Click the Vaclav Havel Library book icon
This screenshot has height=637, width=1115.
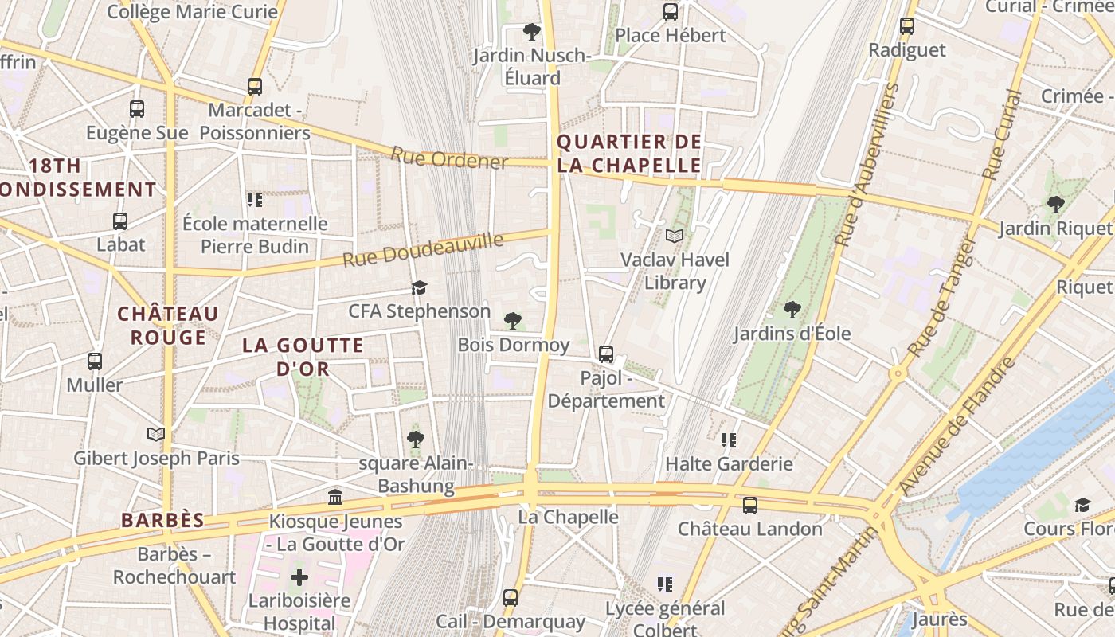(675, 236)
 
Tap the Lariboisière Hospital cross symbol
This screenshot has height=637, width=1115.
(299, 576)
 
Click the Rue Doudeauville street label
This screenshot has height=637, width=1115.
(424, 249)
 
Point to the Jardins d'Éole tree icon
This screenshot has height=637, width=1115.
(792, 309)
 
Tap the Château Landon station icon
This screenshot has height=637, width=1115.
(749, 505)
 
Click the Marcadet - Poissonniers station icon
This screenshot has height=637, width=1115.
(255, 86)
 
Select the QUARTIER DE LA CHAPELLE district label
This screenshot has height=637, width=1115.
(629, 154)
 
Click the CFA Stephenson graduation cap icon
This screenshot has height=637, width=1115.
(419, 287)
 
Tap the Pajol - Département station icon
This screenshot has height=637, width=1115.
(606, 354)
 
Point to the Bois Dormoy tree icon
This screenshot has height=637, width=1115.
(513, 320)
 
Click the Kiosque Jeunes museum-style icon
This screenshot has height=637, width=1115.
(335, 497)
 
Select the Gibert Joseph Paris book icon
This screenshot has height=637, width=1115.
(156, 434)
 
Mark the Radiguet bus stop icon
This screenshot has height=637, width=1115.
(907, 25)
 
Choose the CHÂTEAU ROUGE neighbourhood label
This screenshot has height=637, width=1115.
(168, 326)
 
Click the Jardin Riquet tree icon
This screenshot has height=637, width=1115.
(1056, 204)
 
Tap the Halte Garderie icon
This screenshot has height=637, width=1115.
(729, 440)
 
